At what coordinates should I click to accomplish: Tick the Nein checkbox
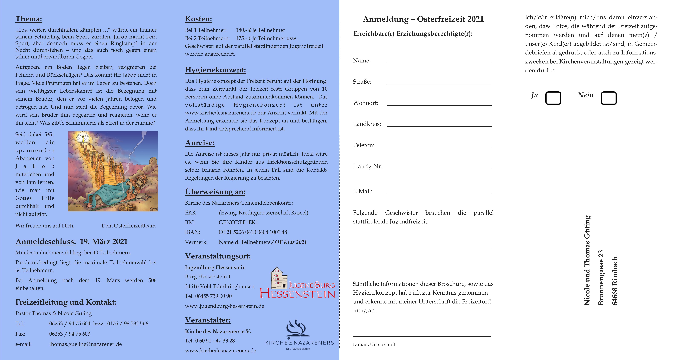pos(608,98)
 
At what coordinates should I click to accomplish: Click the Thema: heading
pos(29,19)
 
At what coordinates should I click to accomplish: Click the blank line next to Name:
pos(439,61)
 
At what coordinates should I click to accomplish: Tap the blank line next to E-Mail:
pos(439,192)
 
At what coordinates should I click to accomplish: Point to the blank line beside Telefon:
pos(439,146)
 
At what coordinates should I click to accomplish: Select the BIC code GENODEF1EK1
pos(238,222)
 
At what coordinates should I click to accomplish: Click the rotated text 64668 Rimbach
pos(615,281)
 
